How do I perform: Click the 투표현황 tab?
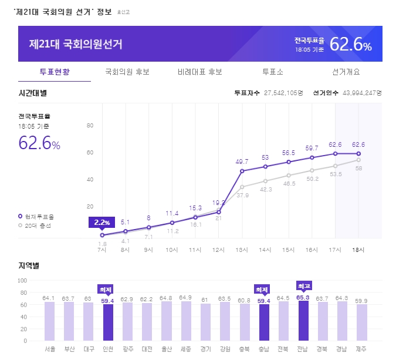click(x=55, y=72)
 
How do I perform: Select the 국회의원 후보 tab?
click(x=127, y=72)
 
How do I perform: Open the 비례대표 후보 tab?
click(x=199, y=72)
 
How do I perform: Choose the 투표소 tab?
click(x=273, y=72)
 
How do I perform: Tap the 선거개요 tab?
click(x=346, y=72)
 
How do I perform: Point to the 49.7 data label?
click(x=242, y=162)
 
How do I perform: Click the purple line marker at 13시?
click(x=242, y=171)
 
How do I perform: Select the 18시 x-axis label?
click(x=358, y=250)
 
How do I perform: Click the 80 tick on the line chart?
click(x=90, y=126)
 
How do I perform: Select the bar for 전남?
click(x=303, y=321)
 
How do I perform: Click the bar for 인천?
click(x=108, y=322)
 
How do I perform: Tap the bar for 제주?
click(x=362, y=322)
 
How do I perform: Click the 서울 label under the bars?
click(x=50, y=349)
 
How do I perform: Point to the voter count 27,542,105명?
click(x=284, y=93)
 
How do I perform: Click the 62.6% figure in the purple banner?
click(x=350, y=45)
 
